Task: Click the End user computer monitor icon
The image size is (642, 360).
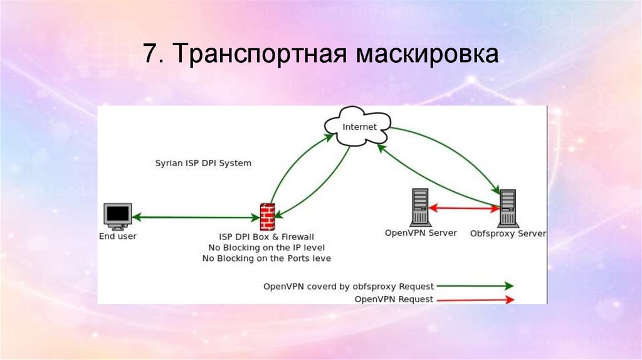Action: (117, 216)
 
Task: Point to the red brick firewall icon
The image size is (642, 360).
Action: (267, 216)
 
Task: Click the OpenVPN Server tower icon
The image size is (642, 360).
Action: (419, 208)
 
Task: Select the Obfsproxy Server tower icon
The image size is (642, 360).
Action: (507, 208)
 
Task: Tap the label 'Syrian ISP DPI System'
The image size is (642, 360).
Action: (203, 163)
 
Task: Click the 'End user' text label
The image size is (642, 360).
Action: (117, 236)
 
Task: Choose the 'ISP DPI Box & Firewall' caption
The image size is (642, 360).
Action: (266, 237)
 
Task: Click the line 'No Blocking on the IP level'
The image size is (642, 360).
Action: (266, 248)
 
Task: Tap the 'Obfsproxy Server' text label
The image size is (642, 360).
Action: (508, 233)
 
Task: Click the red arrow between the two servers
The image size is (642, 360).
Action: (463, 208)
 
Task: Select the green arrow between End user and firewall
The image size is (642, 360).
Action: (195, 217)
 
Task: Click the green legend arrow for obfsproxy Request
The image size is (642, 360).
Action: (476, 286)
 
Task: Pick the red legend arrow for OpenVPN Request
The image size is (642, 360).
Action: (476, 300)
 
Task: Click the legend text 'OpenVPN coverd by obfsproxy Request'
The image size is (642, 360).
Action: (348, 287)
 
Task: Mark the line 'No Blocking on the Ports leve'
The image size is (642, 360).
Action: (266, 258)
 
